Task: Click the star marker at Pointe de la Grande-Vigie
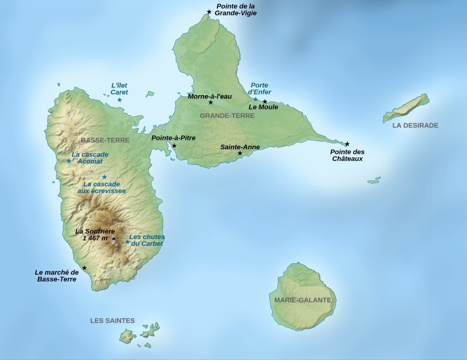coord(209,12)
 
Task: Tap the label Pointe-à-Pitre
coord(173,138)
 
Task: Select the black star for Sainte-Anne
coord(240,153)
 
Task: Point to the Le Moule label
coord(263,107)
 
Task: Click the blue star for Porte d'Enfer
coord(255,100)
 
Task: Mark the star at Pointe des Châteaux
coord(347,144)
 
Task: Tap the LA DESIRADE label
coord(415,125)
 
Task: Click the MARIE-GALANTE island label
coord(303,300)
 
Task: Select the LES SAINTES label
coord(112,320)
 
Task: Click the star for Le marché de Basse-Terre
coord(85,268)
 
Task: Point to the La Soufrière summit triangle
coord(114,238)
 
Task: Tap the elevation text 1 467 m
coord(96,238)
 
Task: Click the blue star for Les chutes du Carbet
coord(127,242)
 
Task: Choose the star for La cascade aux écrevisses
coord(104,177)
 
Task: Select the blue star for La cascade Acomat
coord(69,161)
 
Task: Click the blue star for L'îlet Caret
coord(119,100)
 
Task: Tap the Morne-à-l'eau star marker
coord(210,103)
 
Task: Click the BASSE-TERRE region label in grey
coord(106,140)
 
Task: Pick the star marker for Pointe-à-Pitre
coord(174,146)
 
